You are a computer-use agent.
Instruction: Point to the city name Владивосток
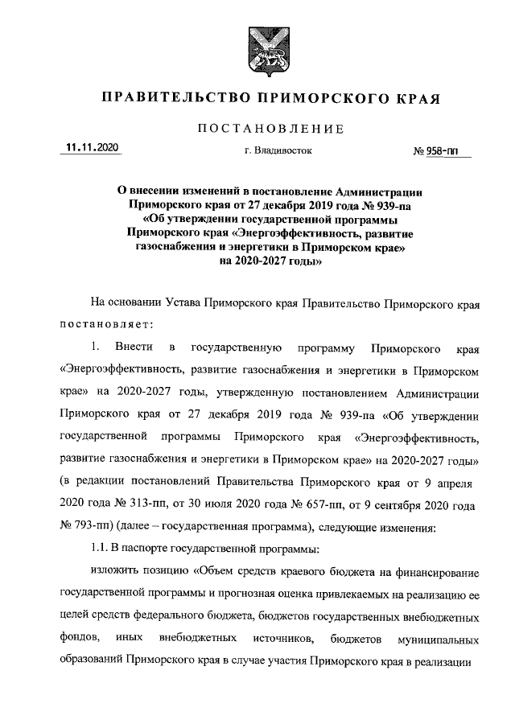[278, 150]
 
